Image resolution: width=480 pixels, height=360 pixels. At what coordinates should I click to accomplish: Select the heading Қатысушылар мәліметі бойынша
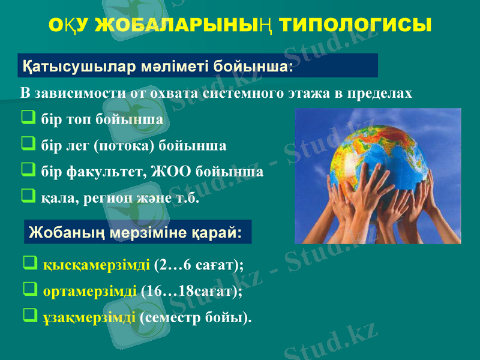(157, 65)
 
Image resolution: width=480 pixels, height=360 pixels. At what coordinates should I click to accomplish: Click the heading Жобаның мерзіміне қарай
(136, 232)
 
